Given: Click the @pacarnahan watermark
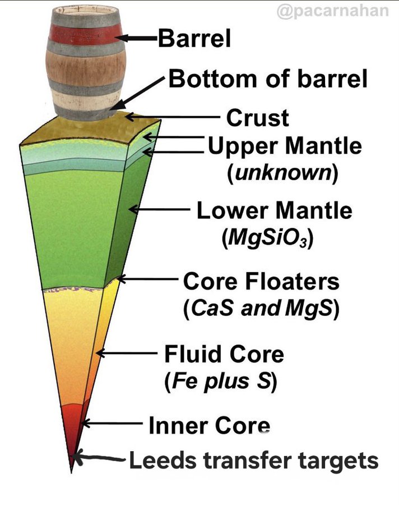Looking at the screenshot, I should pos(333,11).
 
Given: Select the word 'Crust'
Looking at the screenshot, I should pos(257,118).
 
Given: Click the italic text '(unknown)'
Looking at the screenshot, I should pos(282,173).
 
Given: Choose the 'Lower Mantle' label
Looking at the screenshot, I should pos(274,211).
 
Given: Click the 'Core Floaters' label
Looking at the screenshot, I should pos(261,281).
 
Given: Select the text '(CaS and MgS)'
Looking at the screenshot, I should pos(262,309).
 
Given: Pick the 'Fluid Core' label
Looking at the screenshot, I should pos(224,355).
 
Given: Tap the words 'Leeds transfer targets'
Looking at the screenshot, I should pos(254,461).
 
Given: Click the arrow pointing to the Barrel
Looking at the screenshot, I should pos(137,38).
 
